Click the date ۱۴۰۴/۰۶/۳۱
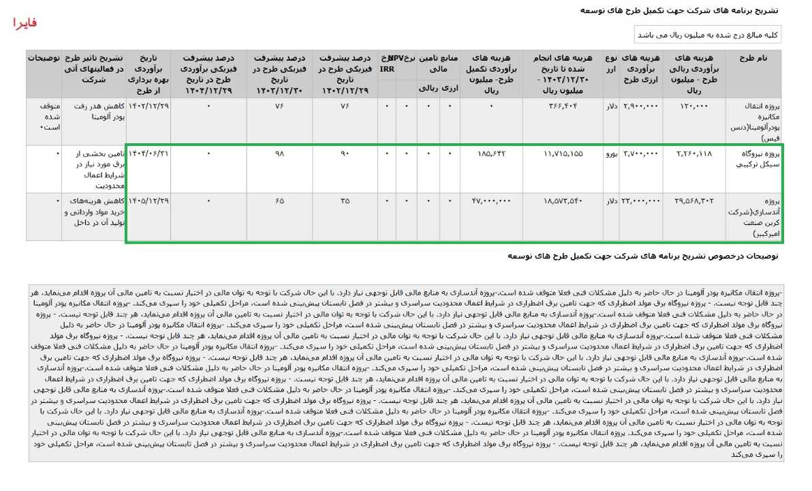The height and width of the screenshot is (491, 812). [x=149, y=154]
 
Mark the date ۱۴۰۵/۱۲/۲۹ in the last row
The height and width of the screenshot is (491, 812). [x=149, y=201]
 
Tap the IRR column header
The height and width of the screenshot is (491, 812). [x=387, y=69]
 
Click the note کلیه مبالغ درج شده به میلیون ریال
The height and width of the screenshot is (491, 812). [x=708, y=34]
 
